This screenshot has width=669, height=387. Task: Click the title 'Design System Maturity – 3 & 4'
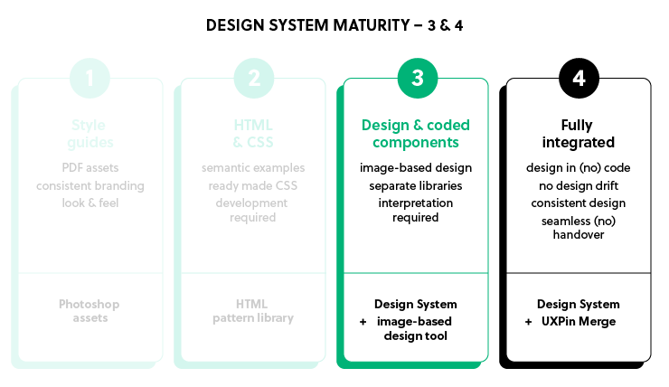point(334,25)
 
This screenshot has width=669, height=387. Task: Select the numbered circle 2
point(252,79)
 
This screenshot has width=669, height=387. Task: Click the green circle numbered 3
point(416,79)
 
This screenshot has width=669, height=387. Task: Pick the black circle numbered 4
point(579,79)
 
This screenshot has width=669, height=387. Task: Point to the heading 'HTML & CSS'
point(252,134)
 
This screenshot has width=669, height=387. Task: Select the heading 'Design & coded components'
point(416,134)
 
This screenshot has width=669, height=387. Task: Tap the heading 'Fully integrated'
point(579,134)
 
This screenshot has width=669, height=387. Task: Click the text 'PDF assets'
point(90,168)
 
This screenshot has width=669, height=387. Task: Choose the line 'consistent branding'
point(90,185)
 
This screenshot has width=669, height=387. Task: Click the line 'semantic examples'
point(252,168)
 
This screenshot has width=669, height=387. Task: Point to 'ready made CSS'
point(252,185)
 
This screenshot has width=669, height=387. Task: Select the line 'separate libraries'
point(416,185)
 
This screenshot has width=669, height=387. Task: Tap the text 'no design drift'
point(579,185)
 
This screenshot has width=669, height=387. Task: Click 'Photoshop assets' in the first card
point(90,311)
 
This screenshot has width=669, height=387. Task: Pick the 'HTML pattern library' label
point(252,311)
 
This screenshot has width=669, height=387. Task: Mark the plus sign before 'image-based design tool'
point(363,321)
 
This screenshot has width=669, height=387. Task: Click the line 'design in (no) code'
point(579,168)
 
